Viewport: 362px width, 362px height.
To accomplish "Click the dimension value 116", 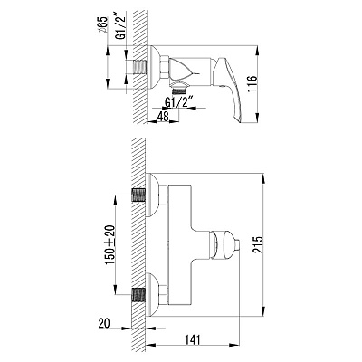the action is [252, 83].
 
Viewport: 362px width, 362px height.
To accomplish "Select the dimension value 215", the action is [258, 244].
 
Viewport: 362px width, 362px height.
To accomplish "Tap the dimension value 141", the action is [192, 340].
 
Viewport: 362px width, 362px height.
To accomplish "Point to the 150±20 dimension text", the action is [110, 244].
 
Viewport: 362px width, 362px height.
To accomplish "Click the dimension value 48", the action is [163, 116].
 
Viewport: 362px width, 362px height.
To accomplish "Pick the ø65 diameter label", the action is [102, 24].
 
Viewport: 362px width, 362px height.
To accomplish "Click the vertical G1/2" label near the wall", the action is [121, 27].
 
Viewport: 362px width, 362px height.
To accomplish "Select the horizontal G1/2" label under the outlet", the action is [179, 102].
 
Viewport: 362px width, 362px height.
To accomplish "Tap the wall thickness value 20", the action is [104, 323].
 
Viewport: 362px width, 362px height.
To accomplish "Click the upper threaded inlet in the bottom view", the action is [138, 195].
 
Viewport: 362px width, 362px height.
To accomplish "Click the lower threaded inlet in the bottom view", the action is [138, 295].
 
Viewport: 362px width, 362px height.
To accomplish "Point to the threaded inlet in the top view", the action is [139, 67].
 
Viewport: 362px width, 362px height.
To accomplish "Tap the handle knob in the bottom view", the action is [224, 244].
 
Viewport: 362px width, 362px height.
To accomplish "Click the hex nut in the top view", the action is [164, 67].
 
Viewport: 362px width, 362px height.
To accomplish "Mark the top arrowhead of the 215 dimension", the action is [263, 178].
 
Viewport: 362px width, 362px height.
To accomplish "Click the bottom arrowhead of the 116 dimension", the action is [257, 118].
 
